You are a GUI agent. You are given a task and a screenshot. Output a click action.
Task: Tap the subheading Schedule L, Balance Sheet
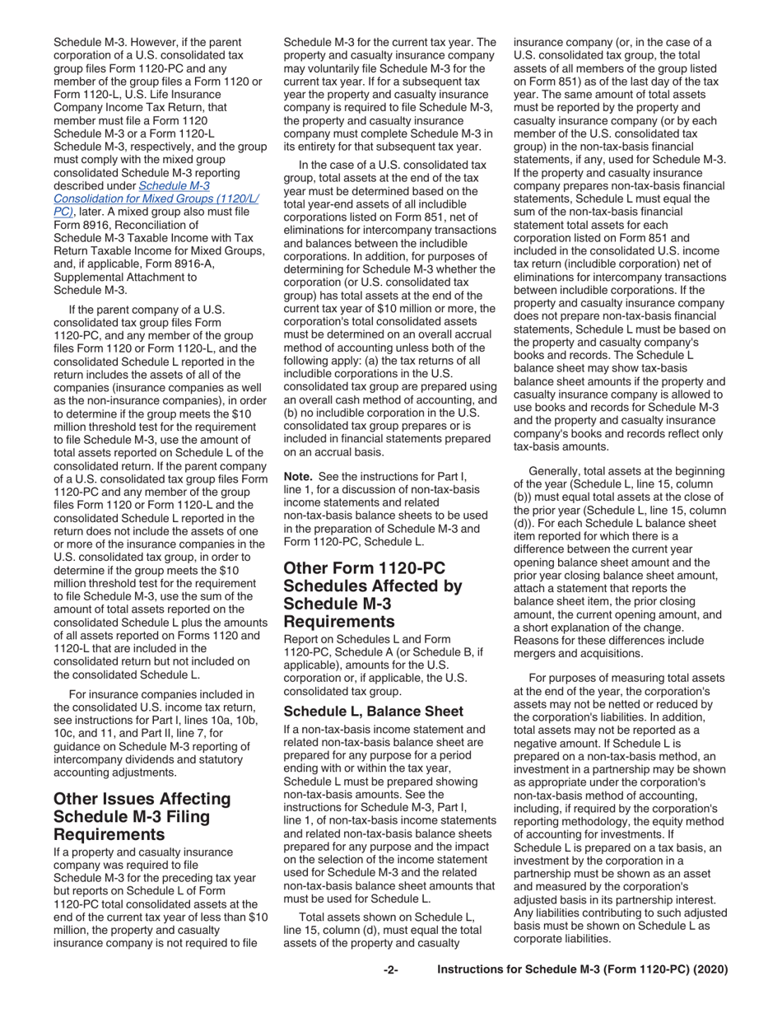coord(361,711)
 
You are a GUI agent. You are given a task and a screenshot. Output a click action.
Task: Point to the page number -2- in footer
coord(390,970)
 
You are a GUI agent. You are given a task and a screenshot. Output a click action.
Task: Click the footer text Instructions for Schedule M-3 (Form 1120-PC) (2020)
coord(583,970)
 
